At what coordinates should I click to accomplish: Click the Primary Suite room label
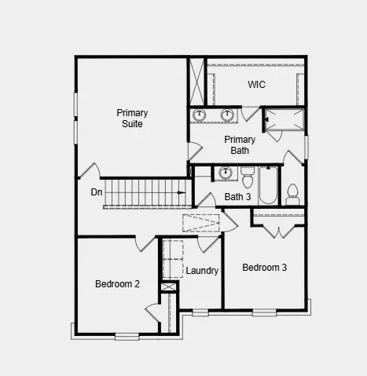(x=132, y=118)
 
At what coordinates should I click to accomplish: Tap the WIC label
(x=257, y=84)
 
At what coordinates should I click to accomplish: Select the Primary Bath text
(x=240, y=144)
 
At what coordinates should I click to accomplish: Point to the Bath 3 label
(x=237, y=197)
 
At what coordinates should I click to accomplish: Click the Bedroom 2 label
(x=117, y=284)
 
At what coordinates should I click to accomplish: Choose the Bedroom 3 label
(x=264, y=268)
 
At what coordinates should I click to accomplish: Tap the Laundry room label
(x=202, y=271)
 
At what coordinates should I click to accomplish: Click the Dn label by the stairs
(x=97, y=192)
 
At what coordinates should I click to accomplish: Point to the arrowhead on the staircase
(x=182, y=192)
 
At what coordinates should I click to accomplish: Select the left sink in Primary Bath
(x=200, y=115)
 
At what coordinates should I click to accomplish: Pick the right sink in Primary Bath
(x=227, y=115)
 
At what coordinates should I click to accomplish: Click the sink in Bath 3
(x=226, y=173)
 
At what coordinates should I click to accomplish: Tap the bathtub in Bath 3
(x=268, y=185)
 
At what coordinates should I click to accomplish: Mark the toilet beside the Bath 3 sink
(x=247, y=172)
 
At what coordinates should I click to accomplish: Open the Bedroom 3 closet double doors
(x=278, y=231)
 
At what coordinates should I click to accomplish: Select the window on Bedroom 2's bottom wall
(x=127, y=336)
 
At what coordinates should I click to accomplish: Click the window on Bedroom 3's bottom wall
(x=264, y=312)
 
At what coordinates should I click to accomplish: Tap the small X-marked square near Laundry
(x=169, y=287)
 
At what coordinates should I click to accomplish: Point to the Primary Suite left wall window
(x=77, y=118)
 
